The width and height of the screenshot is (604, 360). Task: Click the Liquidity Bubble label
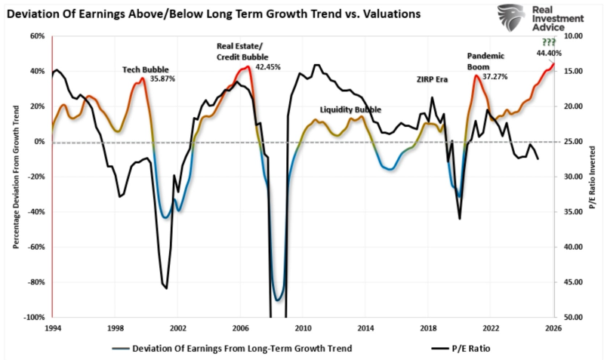coord(350,109)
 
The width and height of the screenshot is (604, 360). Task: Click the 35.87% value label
coord(163,78)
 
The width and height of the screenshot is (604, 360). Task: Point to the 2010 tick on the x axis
coord(303,328)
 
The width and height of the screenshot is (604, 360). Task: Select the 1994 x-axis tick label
coord(52,328)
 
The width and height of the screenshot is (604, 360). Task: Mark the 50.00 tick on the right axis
coord(572,318)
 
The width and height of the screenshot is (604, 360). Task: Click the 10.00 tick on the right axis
coord(572,35)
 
